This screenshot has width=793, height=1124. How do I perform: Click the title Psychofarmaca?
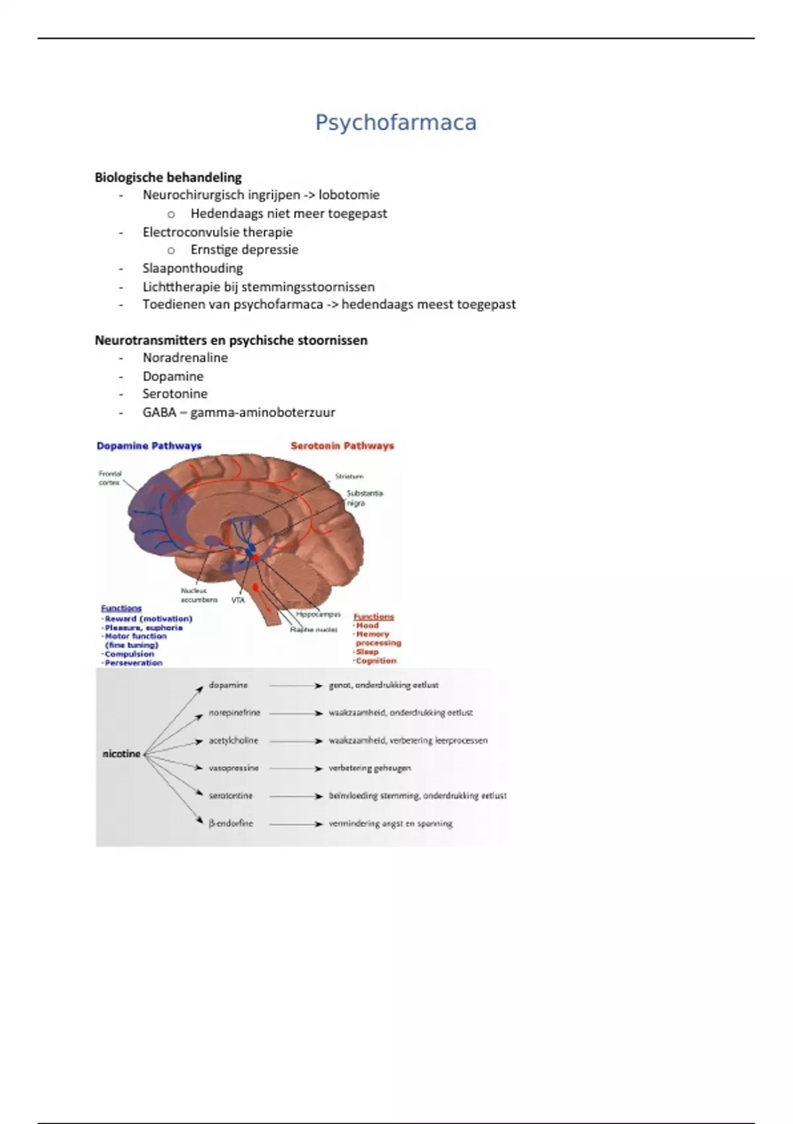click(x=395, y=122)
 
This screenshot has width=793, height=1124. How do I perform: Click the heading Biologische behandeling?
click(x=168, y=177)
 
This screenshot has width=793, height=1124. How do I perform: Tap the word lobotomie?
click(x=349, y=195)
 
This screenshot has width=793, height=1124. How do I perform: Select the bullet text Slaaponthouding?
click(x=192, y=268)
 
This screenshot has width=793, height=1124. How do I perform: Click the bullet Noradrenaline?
click(x=185, y=358)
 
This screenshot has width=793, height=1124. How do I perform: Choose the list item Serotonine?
click(x=174, y=394)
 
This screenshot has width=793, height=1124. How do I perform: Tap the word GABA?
click(x=159, y=413)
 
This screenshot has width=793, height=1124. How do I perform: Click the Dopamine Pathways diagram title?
click(x=149, y=446)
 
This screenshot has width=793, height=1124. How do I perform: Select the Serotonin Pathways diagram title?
click(x=342, y=446)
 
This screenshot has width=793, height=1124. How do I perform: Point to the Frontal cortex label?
click(x=110, y=478)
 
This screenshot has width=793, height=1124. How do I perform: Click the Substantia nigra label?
click(x=364, y=498)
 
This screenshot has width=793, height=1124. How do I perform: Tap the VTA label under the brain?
click(x=238, y=600)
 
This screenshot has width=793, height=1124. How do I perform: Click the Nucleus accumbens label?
click(x=198, y=595)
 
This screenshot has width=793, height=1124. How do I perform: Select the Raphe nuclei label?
click(x=313, y=629)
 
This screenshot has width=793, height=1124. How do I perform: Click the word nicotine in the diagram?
click(x=122, y=754)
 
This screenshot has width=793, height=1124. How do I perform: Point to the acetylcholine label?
click(x=233, y=741)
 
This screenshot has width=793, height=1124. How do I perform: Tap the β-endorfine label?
click(x=231, y=824)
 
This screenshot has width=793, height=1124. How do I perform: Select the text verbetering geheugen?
click(x=369, y=768)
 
